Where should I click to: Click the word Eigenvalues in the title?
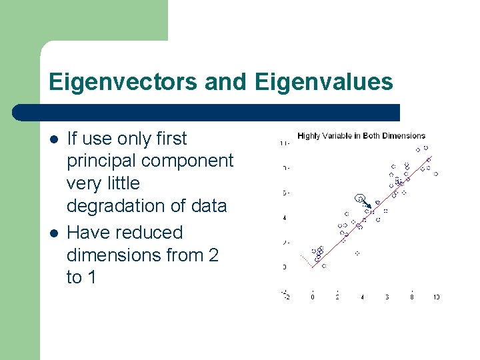click(323, 82)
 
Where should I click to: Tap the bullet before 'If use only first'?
click(53, 139)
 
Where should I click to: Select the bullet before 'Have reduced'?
click(53, 233)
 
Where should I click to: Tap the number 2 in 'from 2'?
click(213, 255)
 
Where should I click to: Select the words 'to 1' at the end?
click(81, 277)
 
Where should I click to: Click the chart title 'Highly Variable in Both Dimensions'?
click(361, 136)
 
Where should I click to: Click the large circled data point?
click(361, 198)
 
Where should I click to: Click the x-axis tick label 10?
click(436, 297)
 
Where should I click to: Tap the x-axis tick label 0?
click(313, 297)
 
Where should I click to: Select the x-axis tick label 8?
click(412, 297)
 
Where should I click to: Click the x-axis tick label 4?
click(362, 297)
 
